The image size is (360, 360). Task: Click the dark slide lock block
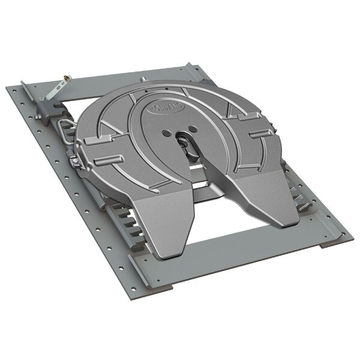[47, 109]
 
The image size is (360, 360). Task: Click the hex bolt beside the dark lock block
[41, 96]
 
